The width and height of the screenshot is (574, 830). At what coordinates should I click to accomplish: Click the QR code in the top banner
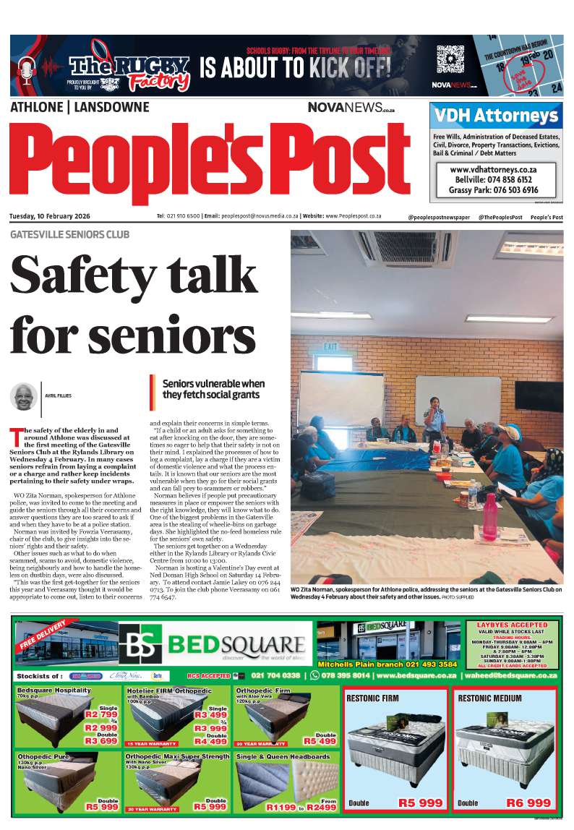tap(450, 58)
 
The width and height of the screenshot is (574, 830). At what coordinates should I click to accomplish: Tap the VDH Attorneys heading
tap(496, 116)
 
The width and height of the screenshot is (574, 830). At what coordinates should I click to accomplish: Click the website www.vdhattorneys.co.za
tap(495, 168)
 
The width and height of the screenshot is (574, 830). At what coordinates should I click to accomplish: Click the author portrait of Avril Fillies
tap(24, 396)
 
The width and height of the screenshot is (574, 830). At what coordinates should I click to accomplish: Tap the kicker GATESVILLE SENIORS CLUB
tap(70, 235)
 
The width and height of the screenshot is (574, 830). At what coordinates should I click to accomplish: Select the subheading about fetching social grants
tap(213, 389)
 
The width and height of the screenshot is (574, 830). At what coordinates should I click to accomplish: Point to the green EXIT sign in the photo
tap(330, 347)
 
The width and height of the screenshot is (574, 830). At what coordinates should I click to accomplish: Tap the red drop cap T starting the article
tap(16, 436)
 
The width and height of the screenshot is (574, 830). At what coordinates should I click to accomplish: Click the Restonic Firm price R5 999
tap(420, 803)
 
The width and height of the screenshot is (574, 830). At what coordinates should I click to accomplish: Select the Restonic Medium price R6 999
tap(528, 803)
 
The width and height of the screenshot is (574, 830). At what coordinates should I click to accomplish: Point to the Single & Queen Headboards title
tap(283, 756)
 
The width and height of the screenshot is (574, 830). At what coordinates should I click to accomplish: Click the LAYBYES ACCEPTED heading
tap(513, 625)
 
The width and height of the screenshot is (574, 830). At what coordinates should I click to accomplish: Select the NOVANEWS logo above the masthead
tap(351, 107)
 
